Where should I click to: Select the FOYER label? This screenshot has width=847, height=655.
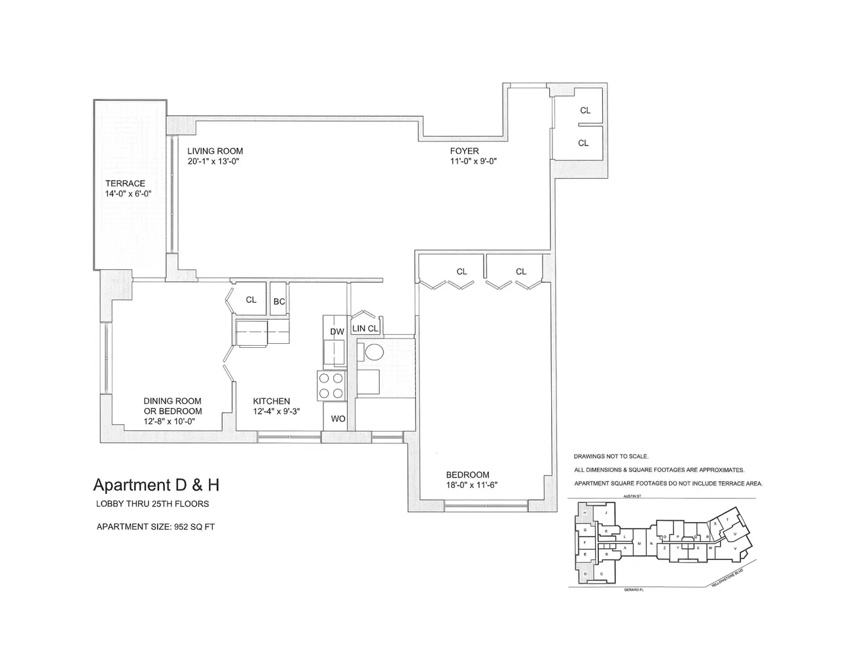tap(464, 151)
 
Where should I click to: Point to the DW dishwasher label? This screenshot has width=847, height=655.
tap(336, 332)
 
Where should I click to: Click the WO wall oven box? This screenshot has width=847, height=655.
tap(338, 419)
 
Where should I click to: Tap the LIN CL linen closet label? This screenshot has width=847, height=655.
tap(365, 329)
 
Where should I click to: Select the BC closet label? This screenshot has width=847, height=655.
tap(279, 301)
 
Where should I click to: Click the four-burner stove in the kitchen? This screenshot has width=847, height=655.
tap(331, 385)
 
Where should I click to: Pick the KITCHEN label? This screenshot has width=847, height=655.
tap(272, 402)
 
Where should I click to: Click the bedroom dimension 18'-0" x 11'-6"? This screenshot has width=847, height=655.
tap(467, 485)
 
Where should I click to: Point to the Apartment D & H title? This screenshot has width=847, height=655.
tap(156, 485)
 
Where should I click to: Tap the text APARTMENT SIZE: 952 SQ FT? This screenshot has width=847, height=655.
tap(156, 526)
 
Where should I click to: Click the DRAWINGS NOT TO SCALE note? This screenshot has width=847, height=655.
tap(611, 456)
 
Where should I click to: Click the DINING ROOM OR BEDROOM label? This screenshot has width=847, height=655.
tap(173, 406)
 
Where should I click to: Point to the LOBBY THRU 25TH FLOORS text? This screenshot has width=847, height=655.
tap(153, 504)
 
